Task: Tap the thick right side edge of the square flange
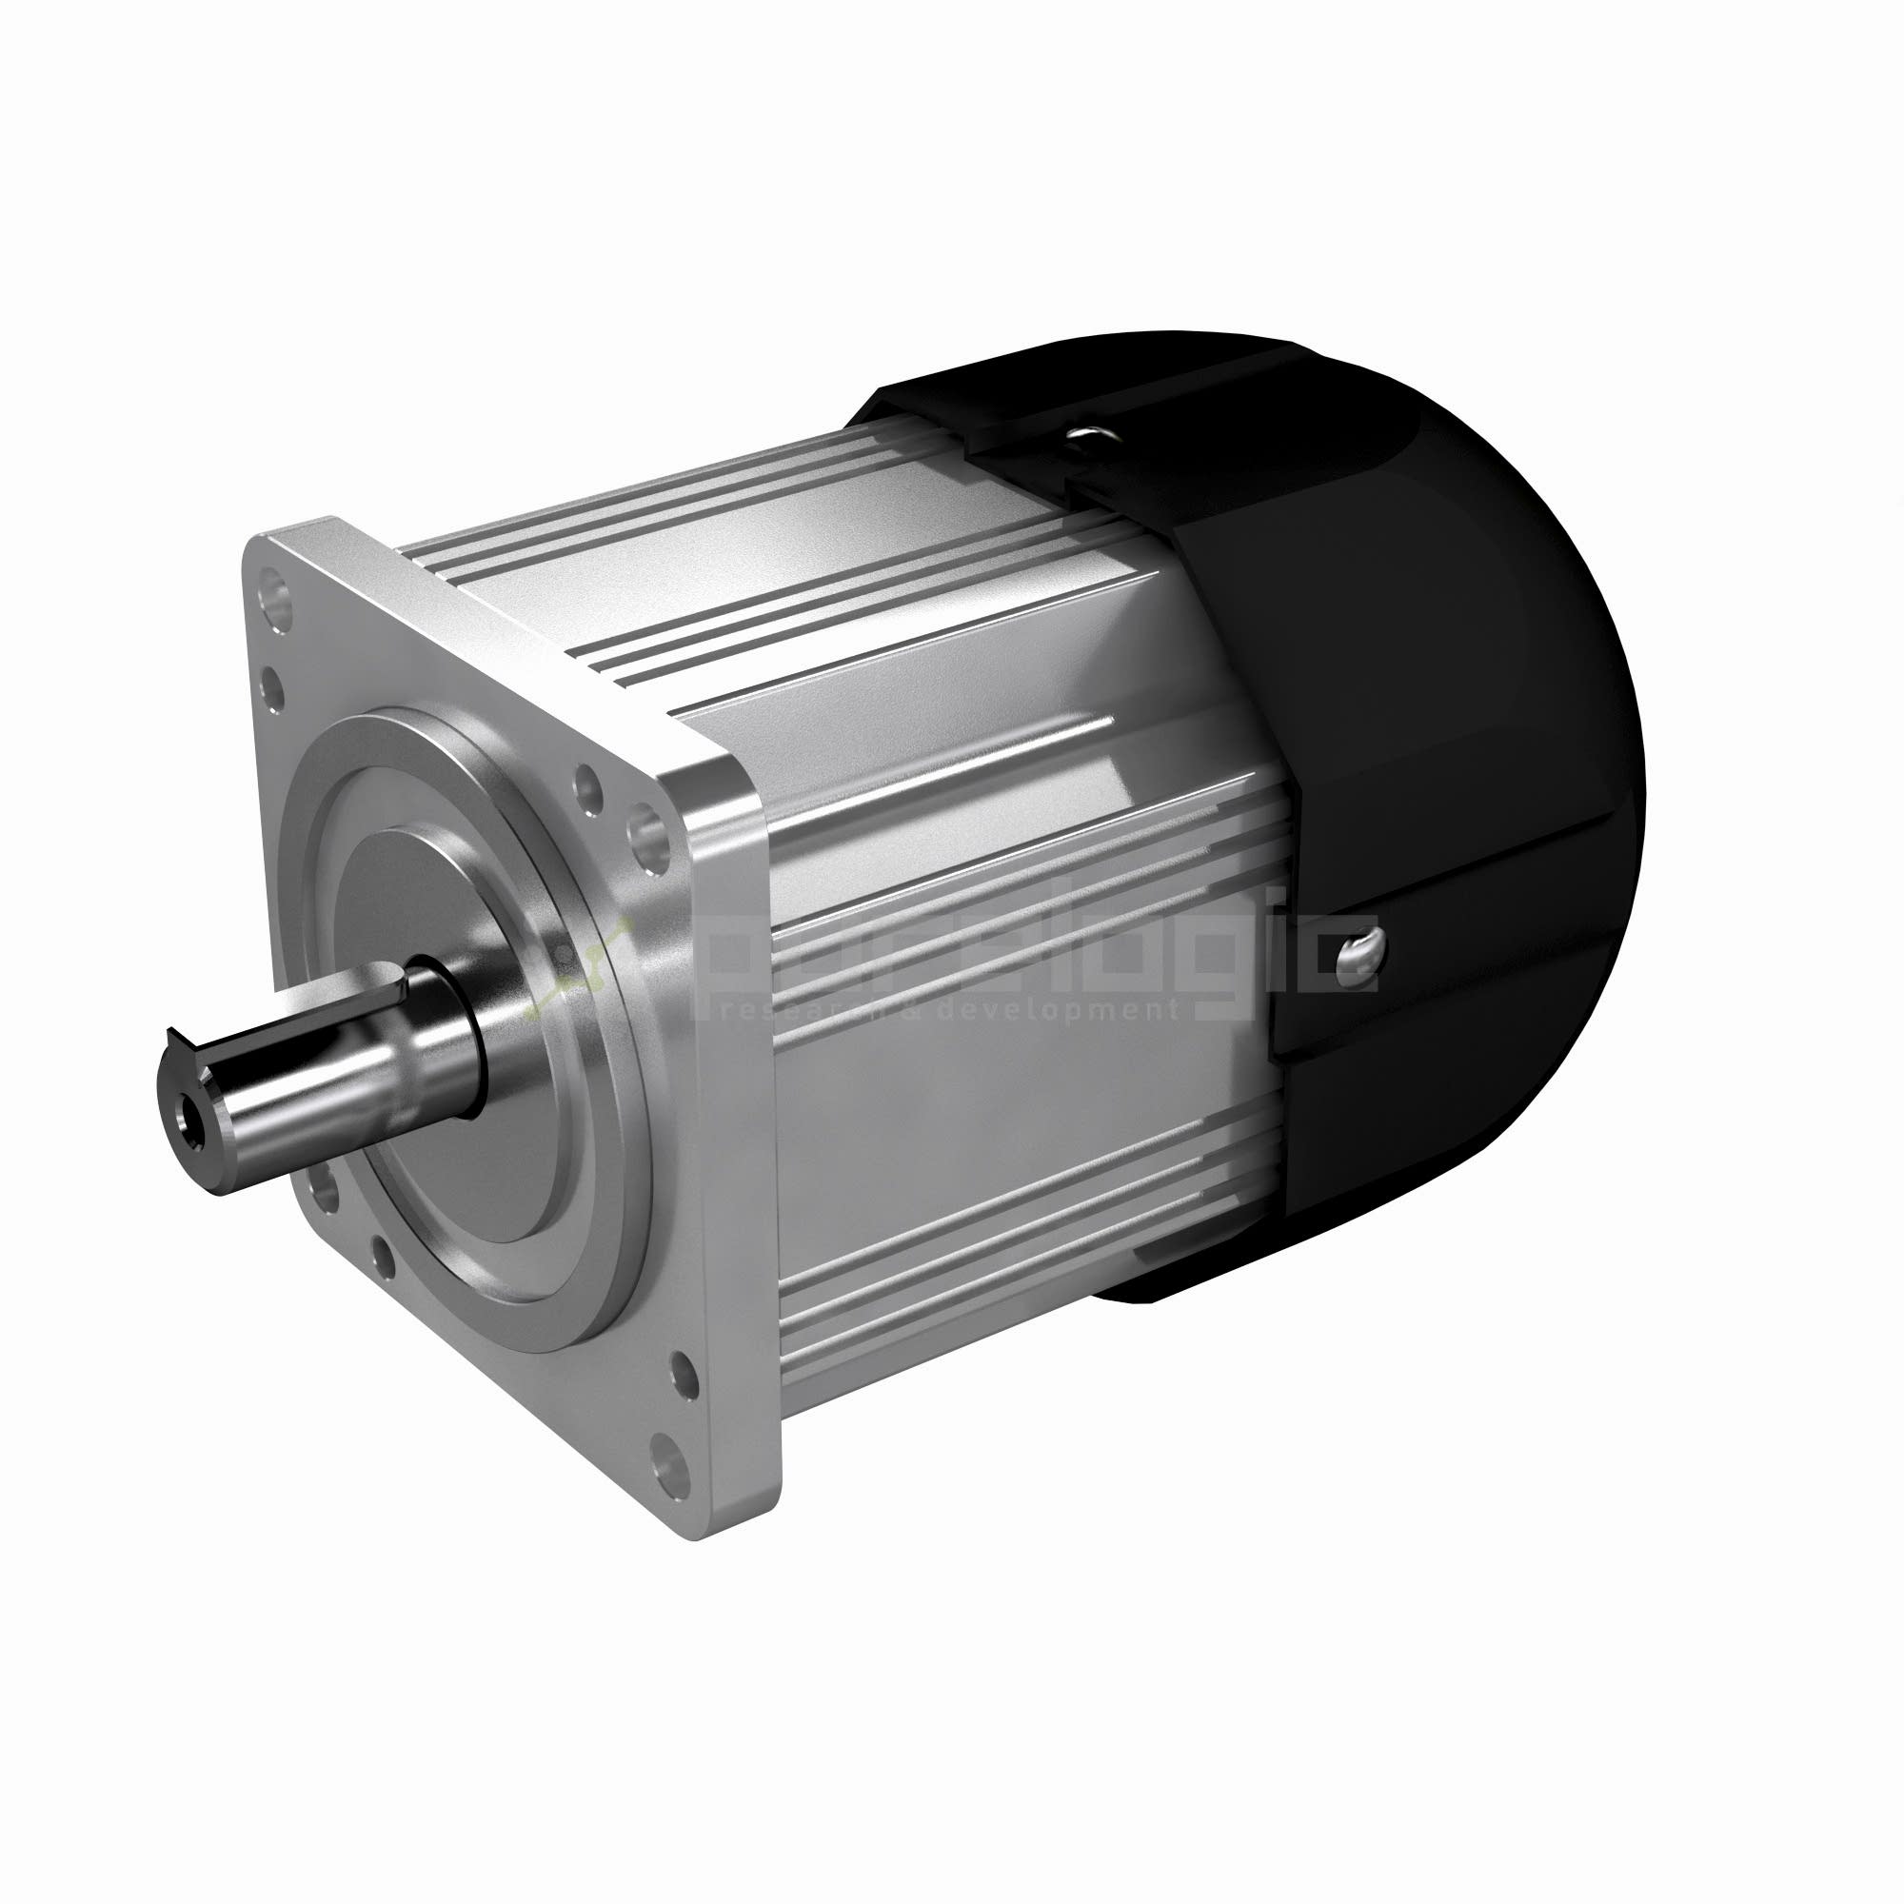[x=739, y=1133]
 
